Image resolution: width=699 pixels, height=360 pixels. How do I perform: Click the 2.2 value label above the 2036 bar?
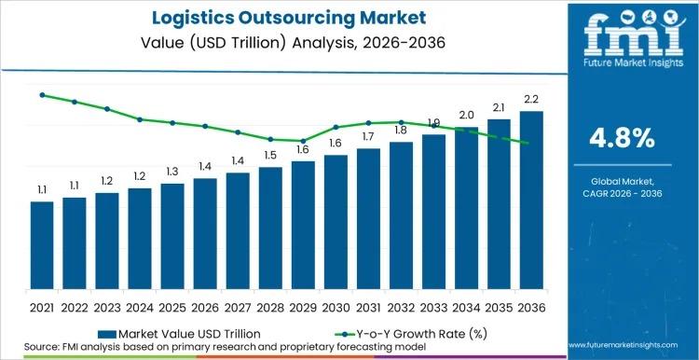[531, 99]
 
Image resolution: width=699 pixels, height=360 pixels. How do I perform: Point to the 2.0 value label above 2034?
[466, 115]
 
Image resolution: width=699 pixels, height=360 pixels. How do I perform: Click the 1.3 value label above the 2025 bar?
[172, 172]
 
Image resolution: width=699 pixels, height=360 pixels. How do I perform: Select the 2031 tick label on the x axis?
[368, 306]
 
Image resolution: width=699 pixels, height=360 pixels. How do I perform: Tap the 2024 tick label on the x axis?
[140, 306]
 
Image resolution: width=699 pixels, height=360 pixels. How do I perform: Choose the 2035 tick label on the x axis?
[499, 306]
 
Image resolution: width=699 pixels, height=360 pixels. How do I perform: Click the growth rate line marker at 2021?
[42, 95]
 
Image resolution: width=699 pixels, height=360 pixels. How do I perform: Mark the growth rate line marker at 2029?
[303, 141]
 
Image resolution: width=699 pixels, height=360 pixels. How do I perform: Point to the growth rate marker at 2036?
[527, 143]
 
